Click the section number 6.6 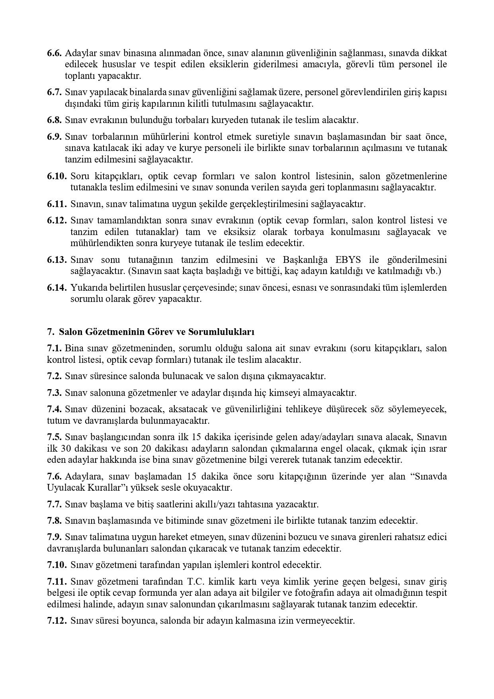(x=54, y=53)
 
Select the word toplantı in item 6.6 (x=80, y=76)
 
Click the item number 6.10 (x=56, y=176)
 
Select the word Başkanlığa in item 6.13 (x=305, y=260)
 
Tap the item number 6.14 (x=56, y=288)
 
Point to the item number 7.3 (x=54, y=393)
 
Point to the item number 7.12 (x=56, y=621)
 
